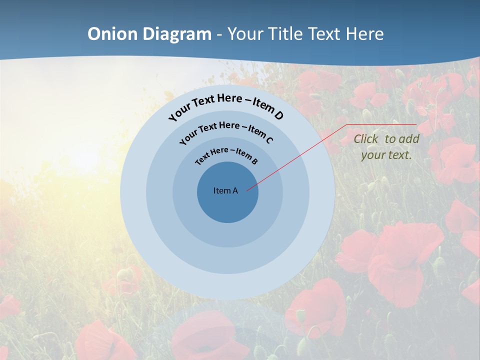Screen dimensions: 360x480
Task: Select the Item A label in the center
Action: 225,190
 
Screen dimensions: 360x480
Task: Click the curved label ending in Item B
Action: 227,154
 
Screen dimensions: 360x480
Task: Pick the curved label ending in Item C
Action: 226,131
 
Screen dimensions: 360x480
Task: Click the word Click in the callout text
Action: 366,139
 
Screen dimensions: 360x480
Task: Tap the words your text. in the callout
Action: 386,155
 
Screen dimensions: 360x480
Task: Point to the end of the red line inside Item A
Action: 247,189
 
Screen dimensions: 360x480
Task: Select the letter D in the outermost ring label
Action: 278,115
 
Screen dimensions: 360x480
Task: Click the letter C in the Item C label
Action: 269,140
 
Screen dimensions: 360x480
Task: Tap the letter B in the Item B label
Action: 254,161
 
